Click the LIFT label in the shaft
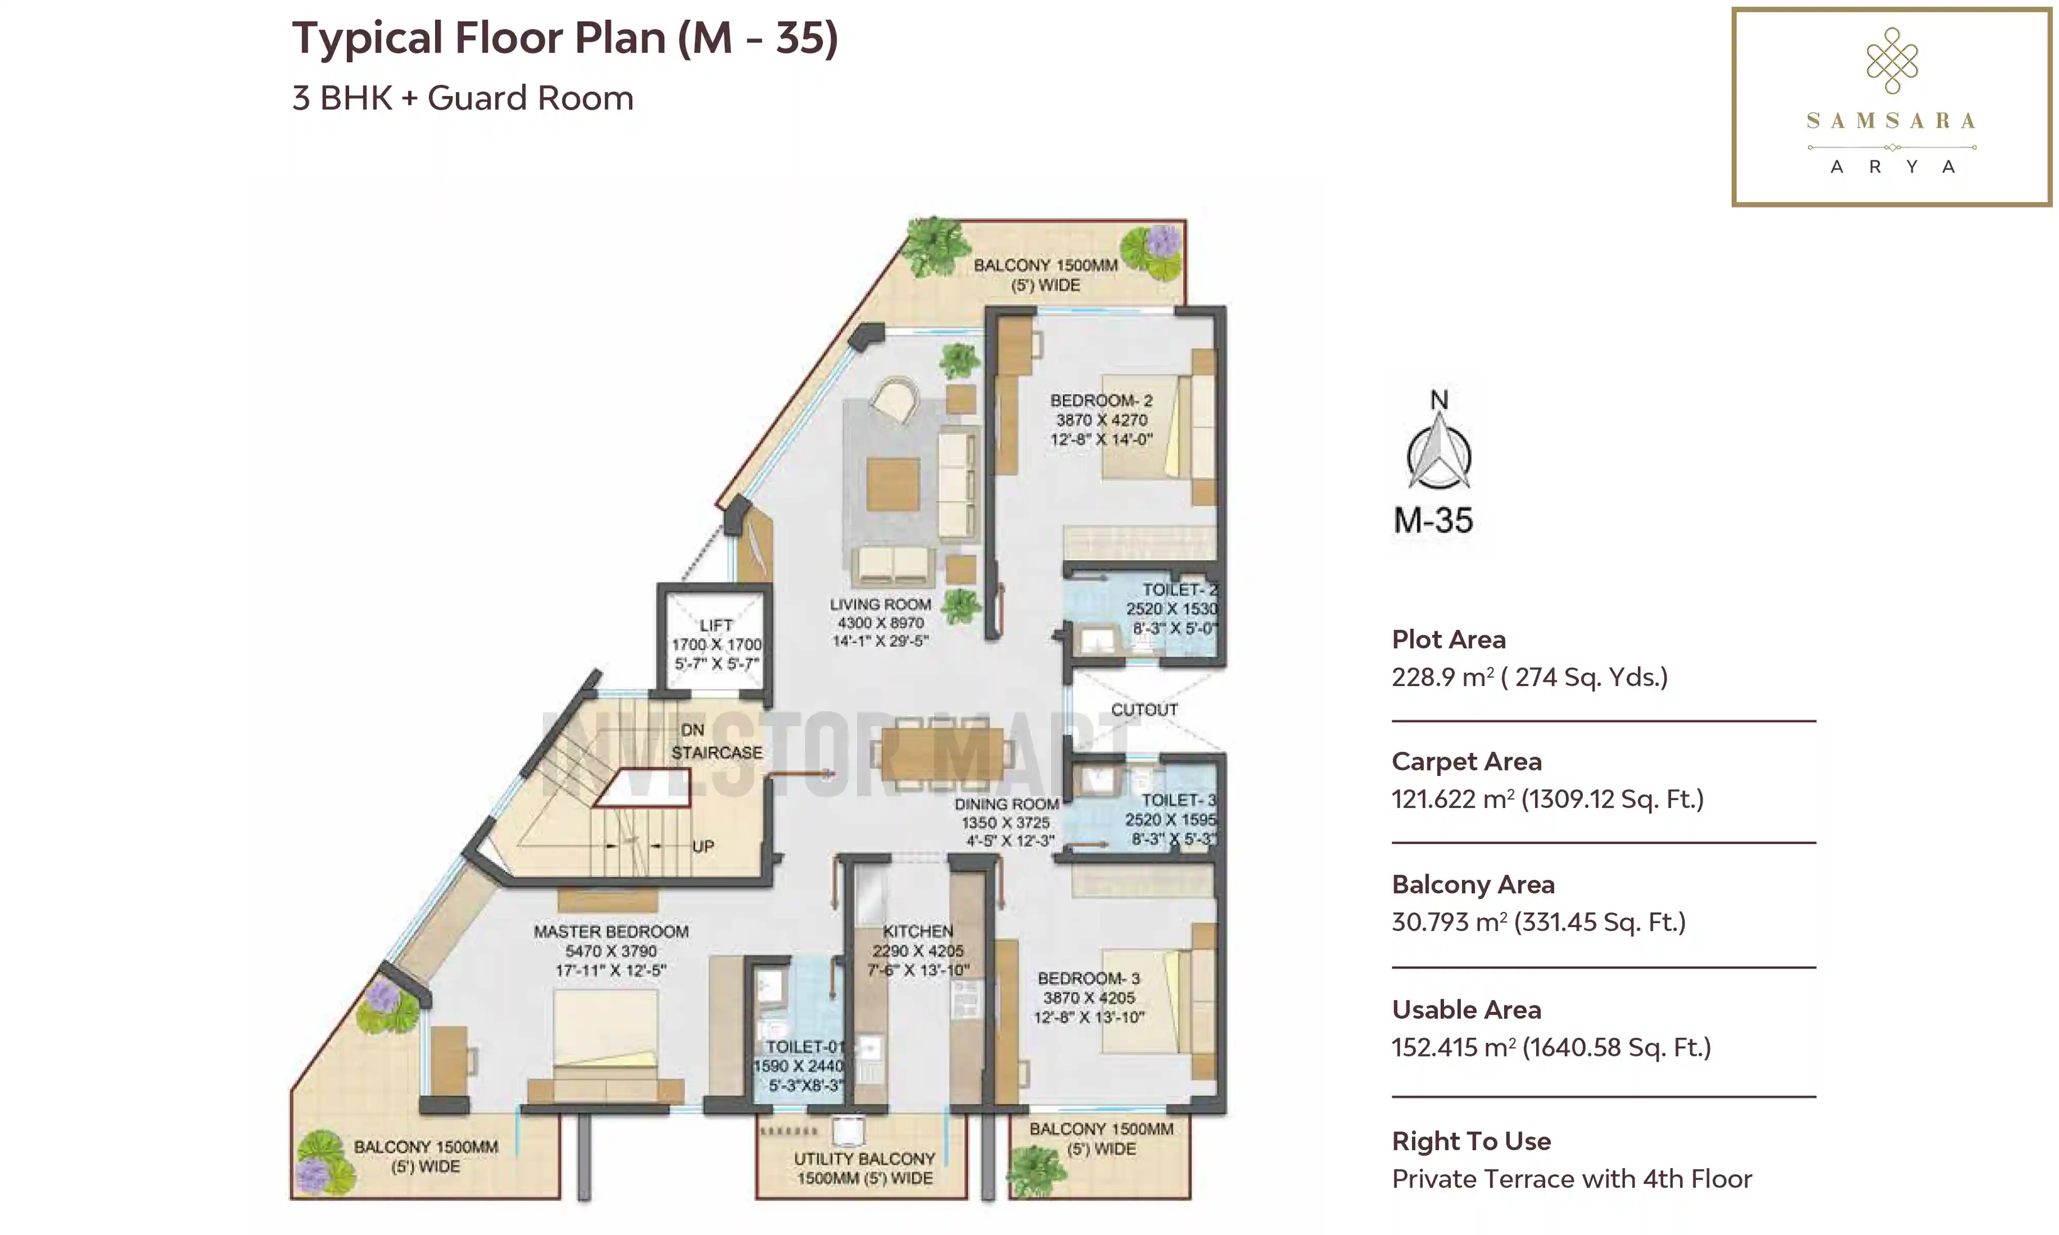point(716,625)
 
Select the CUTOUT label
point(1144,710)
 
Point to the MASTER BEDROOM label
point(611,932)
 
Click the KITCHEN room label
point(918,931)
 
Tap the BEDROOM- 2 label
point(1101,400)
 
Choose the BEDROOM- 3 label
point(1089,979)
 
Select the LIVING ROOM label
point(880,604)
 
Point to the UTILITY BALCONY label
point(865,1158)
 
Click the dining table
point(942,754)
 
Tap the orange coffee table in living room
point(893,484)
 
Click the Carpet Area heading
point(1467,762)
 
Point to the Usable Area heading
point(1467,1010)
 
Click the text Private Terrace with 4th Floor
point(1572,1179)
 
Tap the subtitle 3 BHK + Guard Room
point(463,98)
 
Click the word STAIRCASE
point(717,752)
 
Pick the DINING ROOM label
point(1006,804)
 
